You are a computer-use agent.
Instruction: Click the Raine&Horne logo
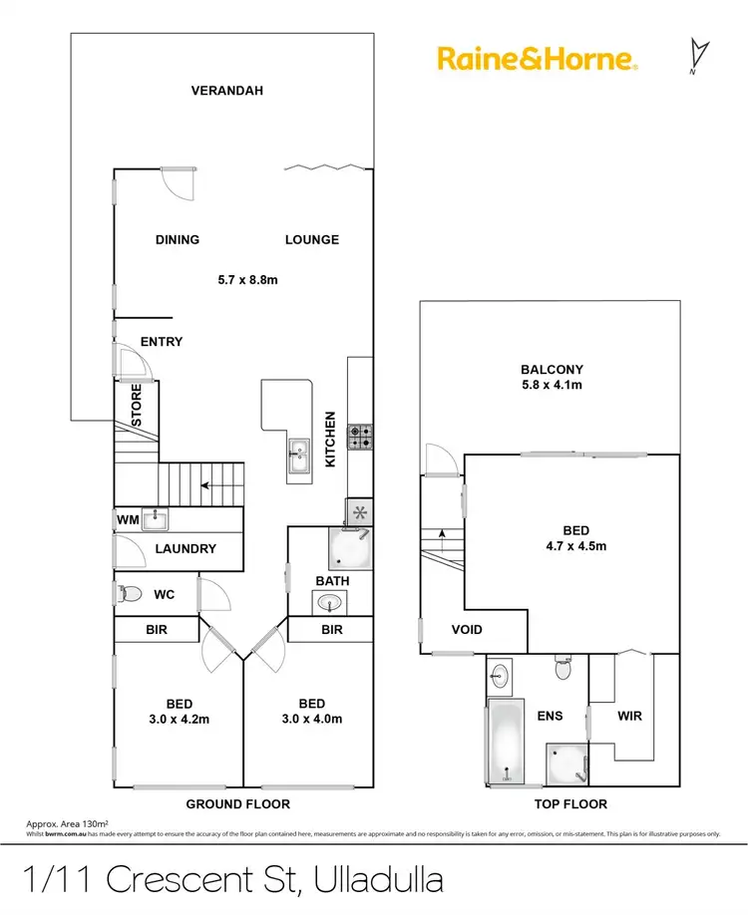point(537,59)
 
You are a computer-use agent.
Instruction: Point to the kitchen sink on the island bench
point(298,457)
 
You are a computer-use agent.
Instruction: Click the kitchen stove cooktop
point(359,436)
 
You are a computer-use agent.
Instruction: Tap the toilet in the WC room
point(128,594)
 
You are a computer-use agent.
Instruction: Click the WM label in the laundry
point(127,519)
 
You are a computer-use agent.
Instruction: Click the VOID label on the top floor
point(467,629)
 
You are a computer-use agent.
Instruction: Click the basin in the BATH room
point(328,602)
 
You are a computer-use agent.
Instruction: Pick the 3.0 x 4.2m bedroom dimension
point(178,719)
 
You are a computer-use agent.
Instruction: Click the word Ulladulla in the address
point(378,880)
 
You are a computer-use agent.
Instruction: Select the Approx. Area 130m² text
point(65,824)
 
